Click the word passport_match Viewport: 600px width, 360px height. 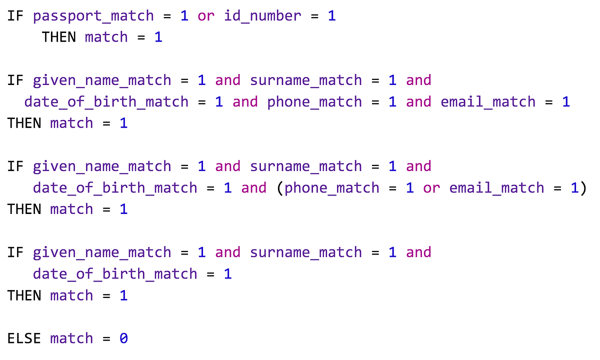coord(93,15)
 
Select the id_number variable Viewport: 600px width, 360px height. coord(262,15)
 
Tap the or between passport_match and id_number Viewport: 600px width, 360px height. coord(206,15)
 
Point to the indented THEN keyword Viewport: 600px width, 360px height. coord(59,37)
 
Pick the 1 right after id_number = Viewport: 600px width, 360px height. coord(332,15)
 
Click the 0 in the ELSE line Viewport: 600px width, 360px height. coord(123,338)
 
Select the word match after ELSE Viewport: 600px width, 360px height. coord(71,338)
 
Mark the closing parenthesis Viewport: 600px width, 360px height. coord(583,188)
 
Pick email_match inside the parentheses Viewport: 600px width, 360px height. coord(496,188)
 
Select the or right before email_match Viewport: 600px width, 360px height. coord(431,188)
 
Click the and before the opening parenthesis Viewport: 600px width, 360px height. coord(254,188)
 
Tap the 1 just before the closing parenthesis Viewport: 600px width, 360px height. coord(574,188)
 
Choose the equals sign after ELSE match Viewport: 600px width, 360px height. coord(106,338)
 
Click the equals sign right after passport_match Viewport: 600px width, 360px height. coord(167,15)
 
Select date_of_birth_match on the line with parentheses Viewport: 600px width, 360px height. coord(115,188)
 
